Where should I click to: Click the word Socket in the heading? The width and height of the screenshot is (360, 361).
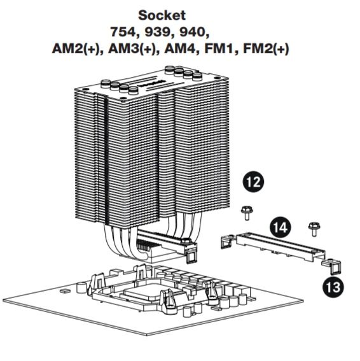point(162,15)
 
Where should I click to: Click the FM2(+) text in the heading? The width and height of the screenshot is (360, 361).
point(266,49)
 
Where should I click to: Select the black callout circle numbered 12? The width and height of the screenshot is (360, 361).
point(253,181)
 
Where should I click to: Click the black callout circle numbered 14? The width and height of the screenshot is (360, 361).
point(280,228)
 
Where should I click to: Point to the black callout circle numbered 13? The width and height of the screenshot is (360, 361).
point(333,287)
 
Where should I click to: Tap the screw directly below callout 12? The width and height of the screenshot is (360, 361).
point(247,213)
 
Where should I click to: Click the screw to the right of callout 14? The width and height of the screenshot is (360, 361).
point(314,229)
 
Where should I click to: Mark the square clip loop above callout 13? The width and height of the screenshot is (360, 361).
point(336,269)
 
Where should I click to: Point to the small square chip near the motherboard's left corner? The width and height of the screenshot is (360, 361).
point(65,291)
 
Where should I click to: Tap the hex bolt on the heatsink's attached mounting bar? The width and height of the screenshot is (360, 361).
point(186,242)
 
